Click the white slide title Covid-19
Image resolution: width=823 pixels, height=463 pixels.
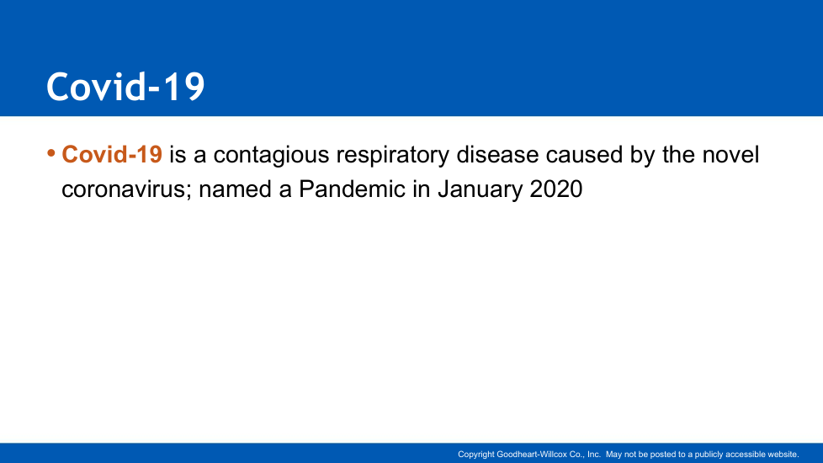click(x=125, y=86)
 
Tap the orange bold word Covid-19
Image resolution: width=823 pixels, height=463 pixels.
click(x=112, y=154)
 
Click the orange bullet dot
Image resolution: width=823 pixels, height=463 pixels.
click(x=51, y=153)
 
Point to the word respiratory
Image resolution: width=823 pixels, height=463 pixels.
click(x=393, y=156)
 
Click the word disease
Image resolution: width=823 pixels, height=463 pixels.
click(x=497, y=154)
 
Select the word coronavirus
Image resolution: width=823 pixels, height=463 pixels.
click(x=123, y=189)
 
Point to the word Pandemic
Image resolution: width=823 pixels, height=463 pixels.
click(x=352, y=189)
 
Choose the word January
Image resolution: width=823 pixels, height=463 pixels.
click(x=481, y=190)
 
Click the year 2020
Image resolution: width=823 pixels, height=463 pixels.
click(x=556, y=189)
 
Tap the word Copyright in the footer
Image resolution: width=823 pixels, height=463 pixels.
click(x=476, y=455)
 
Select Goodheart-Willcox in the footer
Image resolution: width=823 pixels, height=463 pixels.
click(x=532, y=454)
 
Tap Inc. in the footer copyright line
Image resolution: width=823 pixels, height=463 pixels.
click(x=593, y=454)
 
